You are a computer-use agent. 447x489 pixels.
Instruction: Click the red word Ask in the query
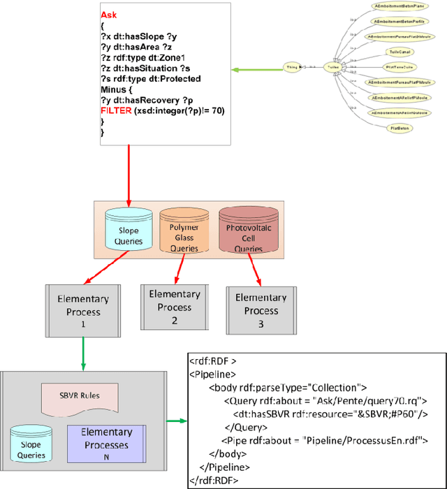coord(109,14)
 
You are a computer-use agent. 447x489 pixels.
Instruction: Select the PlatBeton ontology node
coord(400,129)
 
